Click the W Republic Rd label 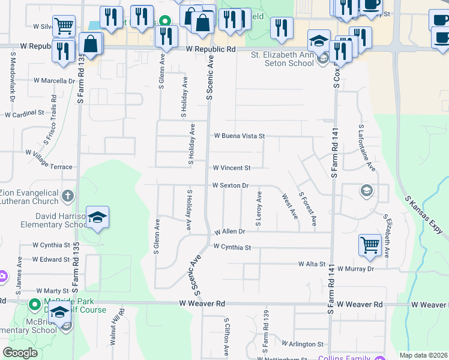tap(211, 49)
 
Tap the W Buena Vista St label tap(239, 136)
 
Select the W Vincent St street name tap(231, 168)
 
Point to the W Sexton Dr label tap(231, 186)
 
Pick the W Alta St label tap(312, 264)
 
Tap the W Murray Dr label tap(355, 269)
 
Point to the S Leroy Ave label tap(259, 208)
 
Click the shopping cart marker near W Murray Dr tap(370, 245)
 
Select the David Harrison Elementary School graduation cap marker tap(97, 218)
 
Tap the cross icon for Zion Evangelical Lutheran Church tap(68, 195)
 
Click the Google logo tap(20, 353)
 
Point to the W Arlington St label tap(303, 344)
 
